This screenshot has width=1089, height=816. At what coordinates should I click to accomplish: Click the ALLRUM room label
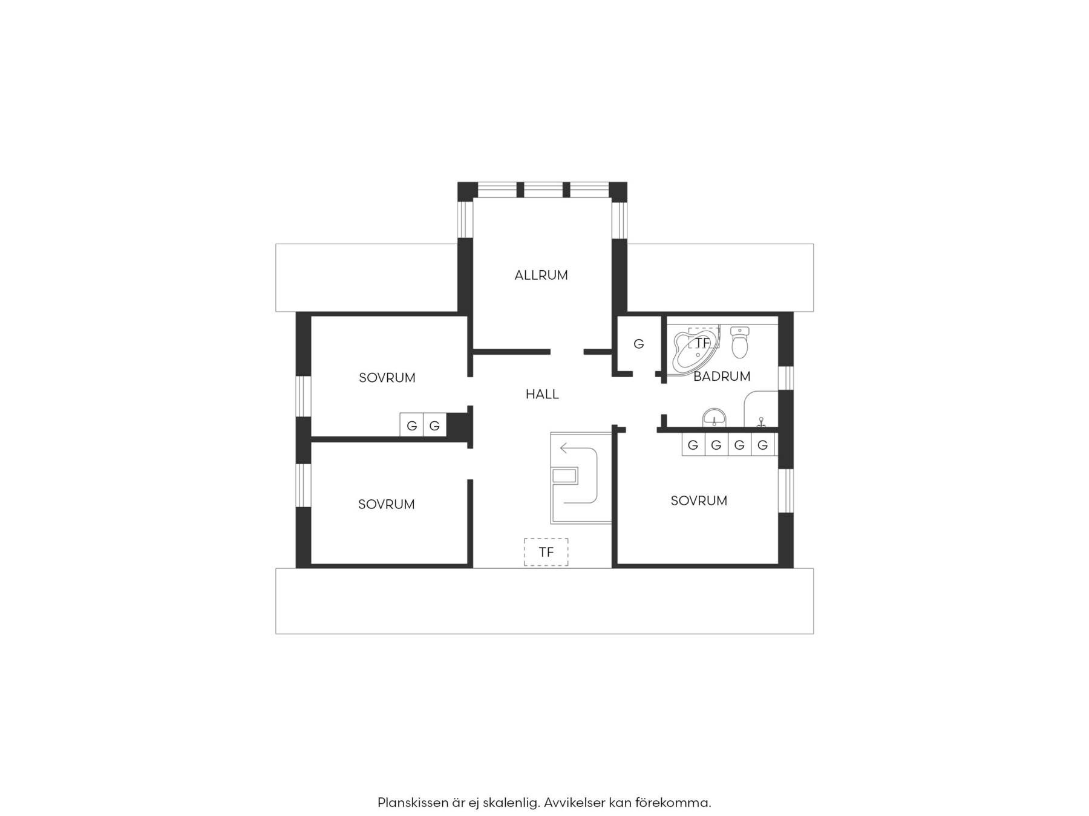(x=541, y=275)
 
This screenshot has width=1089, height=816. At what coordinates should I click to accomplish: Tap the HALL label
(x=542, y=394)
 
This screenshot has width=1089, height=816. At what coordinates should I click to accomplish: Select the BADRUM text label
(x=722, y=376)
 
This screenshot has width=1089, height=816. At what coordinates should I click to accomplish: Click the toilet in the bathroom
(x=740, y=342)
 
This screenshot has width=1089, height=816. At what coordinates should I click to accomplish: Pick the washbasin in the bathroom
(x=715, y=418)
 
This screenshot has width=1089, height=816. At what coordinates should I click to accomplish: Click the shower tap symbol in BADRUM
(x=761, y=422)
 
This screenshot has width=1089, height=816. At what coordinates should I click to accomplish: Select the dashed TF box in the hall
(x=546, y=552)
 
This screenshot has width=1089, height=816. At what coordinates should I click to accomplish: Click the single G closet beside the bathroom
(x=639, y=344)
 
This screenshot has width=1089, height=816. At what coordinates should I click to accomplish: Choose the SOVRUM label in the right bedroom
(x=699, y=500)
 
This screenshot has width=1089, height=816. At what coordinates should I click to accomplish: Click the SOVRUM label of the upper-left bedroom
(x=387, y=378)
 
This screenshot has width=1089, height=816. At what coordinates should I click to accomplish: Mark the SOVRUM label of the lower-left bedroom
(x=387, y=504)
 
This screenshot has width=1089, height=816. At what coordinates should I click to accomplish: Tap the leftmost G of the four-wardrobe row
(x=693, y=445)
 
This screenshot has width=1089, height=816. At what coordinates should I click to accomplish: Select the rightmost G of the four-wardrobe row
(x=763, y=445)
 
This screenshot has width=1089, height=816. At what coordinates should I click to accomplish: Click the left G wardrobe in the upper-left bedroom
(x=412, y=425)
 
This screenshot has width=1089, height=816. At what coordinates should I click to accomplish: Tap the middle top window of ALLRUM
(x=543, y=190)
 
